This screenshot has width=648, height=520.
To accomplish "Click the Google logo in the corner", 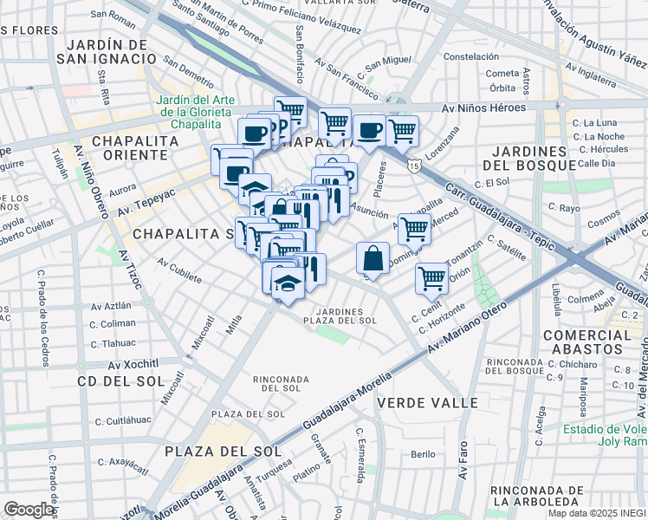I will point(29,510).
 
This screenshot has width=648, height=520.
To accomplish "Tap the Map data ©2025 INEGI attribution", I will point(597,513).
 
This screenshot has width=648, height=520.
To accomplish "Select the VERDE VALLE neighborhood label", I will point(416,403).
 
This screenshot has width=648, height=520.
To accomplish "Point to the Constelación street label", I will point(472,56).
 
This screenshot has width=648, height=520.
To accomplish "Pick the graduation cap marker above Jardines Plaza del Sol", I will point(287,284).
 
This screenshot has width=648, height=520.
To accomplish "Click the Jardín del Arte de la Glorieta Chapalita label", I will point(195,112).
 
